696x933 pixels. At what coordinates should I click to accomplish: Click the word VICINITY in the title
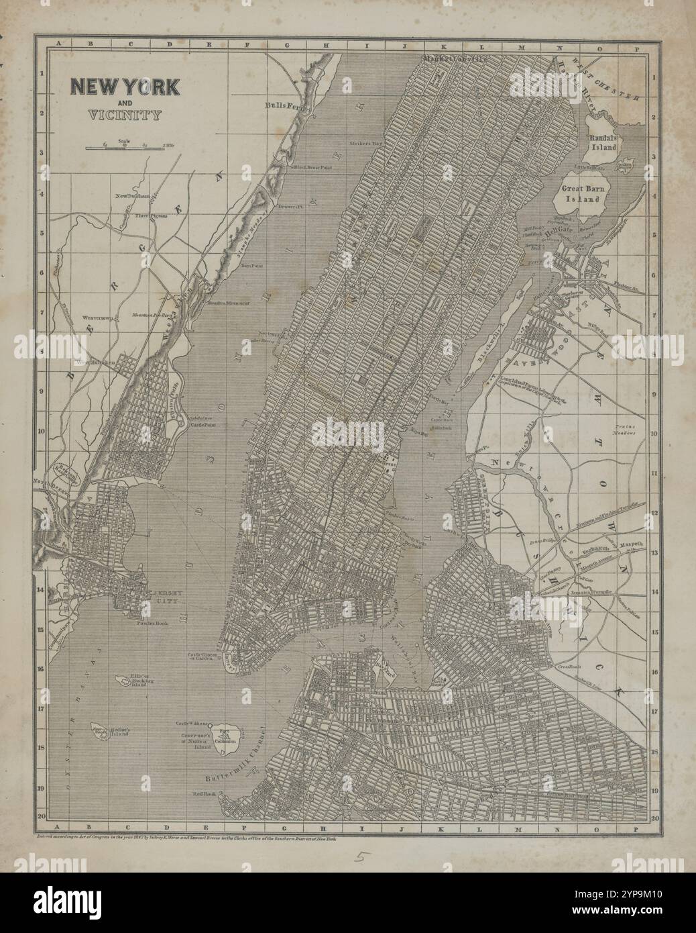coord(125,114)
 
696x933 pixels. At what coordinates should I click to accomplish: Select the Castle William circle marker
coord(211,726)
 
